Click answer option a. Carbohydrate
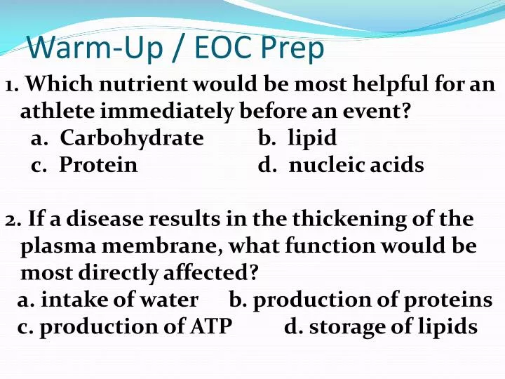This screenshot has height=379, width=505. [117, 138]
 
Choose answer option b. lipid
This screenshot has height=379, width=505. [297, 138]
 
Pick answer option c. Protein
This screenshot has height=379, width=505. [84, 165]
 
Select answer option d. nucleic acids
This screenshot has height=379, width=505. [341, 165]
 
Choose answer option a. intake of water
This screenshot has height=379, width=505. [108, 300]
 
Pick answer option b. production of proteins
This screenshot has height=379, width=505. [361, 300]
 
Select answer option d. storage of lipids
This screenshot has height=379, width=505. [381, 326]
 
